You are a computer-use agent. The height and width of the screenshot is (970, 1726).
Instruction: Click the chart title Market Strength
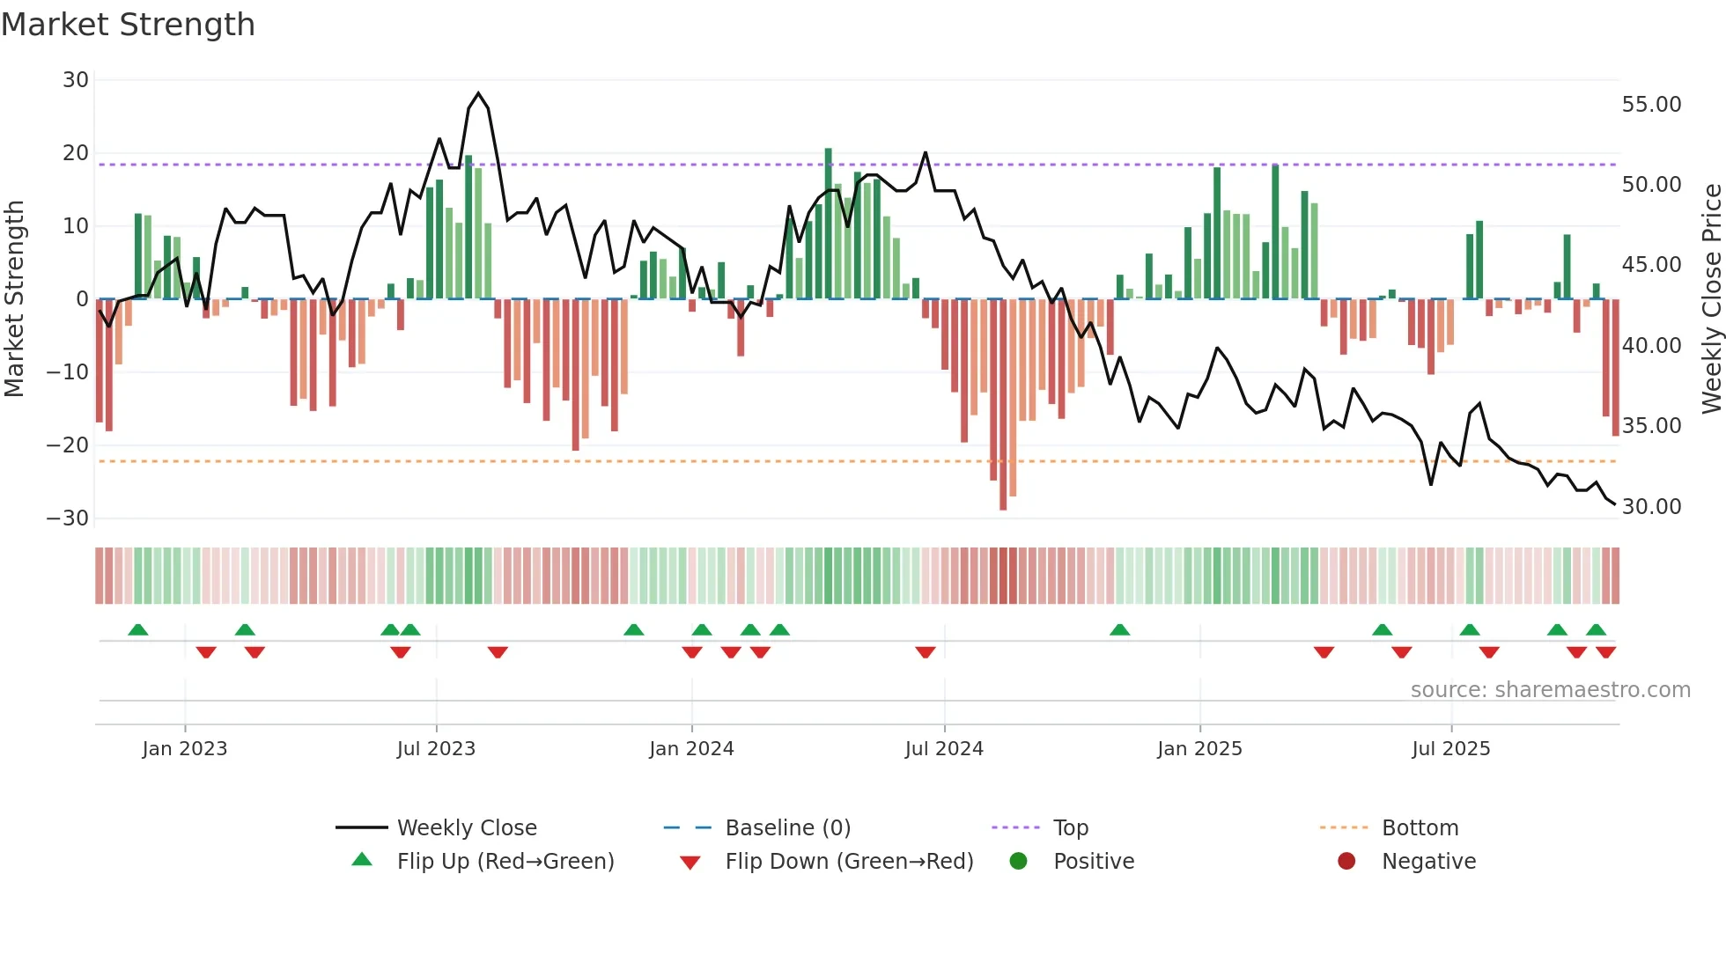point(128,25)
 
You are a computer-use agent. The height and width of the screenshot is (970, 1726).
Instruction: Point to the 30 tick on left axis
point(76,80)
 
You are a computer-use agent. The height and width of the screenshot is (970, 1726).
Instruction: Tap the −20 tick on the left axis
point(68,445)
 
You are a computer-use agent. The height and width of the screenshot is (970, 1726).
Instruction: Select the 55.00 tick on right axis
point(1651,105)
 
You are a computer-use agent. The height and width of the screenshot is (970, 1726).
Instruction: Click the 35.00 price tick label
point(1651,426)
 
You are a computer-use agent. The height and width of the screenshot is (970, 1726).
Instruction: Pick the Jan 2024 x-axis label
point(691,749)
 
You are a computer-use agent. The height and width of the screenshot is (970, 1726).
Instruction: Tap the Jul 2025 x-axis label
point(1450,749)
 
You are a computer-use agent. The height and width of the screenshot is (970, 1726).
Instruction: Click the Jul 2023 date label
point(436,749)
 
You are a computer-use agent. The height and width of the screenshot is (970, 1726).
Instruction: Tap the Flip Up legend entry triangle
point(362,860)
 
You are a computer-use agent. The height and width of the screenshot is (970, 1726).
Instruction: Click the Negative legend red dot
point(1346,861)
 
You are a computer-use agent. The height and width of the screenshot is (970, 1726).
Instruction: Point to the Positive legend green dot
point(1019,861)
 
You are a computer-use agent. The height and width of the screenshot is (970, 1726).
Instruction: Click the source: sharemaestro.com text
point(1550,690)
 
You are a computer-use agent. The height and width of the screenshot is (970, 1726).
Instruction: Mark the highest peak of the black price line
point(478,93)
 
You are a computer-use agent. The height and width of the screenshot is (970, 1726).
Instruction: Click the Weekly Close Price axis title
point(1712,299)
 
